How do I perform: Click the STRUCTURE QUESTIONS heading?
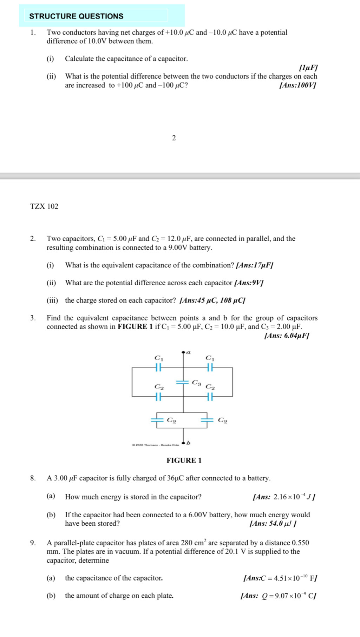click(76, 16)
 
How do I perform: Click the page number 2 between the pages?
click(174, 138)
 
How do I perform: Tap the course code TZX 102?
click(44, 206)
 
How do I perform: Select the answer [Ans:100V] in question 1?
click(297, 85)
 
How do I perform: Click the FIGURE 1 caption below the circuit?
click(184, 460)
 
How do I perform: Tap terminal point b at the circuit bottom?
click(183, 444)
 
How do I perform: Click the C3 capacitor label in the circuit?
click(196, 382)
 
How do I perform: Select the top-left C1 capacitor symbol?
click(159, 367)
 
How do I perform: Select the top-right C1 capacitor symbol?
click(210, 367)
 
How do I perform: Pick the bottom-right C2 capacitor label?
click(223, 420)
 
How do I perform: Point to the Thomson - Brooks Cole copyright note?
click(155, 445)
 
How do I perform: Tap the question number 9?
click(33, 543)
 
